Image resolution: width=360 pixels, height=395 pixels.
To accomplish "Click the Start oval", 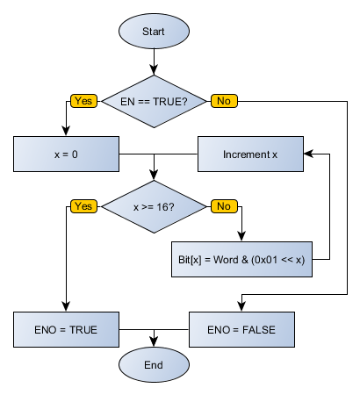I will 153,32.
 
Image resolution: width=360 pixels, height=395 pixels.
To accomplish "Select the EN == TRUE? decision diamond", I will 154,101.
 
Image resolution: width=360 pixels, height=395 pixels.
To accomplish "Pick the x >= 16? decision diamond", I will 154,206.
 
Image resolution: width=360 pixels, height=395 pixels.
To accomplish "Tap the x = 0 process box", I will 66,154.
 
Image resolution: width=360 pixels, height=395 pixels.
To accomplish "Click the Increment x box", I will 250,154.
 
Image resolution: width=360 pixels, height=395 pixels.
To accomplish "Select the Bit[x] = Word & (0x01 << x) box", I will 241,259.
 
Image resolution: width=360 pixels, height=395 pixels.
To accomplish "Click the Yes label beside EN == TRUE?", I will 84,101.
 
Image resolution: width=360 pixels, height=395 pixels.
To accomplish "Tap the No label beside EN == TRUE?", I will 223,101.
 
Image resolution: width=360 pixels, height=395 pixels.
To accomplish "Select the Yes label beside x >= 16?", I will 84,206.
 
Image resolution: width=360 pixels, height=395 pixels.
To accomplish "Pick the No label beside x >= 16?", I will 223,206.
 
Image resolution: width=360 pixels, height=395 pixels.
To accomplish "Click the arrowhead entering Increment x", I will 308,154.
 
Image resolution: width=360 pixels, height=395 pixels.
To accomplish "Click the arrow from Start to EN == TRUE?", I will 154,61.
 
